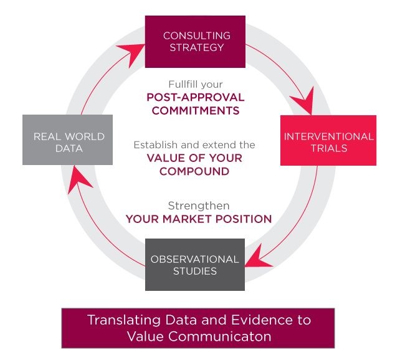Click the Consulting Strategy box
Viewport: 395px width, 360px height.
point(195,42)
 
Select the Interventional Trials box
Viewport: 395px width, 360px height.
point(328,140)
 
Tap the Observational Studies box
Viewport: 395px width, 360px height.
point(195,265)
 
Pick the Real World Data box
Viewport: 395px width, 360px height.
point(67,140)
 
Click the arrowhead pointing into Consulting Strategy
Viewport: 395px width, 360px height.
point(132,53)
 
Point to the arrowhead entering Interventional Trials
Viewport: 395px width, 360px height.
point(305,101)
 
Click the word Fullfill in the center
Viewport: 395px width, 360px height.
point(183,84)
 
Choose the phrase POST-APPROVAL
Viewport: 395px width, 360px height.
point(196,97)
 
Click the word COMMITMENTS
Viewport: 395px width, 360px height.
point(196,111)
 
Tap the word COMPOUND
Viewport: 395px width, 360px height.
point(194,171)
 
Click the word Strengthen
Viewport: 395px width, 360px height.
point(199,206)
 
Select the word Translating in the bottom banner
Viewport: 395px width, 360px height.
point(124,320)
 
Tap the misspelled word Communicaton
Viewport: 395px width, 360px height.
point(220,336)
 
